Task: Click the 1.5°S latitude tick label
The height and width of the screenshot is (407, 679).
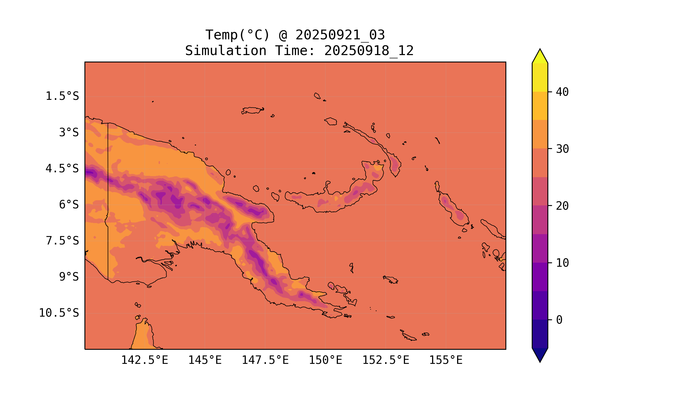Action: pos(62,96)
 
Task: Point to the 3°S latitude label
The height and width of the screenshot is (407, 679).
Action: pos(69,132)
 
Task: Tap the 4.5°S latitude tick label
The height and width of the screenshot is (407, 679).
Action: pos(62,169)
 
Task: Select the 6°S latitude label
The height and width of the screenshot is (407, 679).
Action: pos(69,205)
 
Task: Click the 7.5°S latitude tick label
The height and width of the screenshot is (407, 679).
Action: pos(62,241)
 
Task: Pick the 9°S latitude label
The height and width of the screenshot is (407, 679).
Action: pos(69,277)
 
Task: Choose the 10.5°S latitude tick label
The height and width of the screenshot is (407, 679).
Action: pos(59,313)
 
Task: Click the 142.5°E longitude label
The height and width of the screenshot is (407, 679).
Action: pos(145,360)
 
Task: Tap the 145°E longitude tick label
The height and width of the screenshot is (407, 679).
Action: pos(205,360)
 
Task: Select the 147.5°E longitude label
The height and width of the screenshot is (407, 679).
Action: pos(265,360)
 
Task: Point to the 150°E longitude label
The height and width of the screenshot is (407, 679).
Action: pos(325,360)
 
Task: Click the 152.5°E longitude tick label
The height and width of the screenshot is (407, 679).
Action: pos(386,360)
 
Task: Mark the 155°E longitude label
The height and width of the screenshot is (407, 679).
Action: pos(446,360)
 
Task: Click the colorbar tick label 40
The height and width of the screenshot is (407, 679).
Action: pos(562,92)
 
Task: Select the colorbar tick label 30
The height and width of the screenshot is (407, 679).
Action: pos(562,149)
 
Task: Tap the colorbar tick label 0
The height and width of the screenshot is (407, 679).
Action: pos(559,320)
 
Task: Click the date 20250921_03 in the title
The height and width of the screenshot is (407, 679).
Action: pos(340,35)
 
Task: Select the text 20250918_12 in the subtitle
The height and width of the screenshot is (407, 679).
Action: pos(369,51)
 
